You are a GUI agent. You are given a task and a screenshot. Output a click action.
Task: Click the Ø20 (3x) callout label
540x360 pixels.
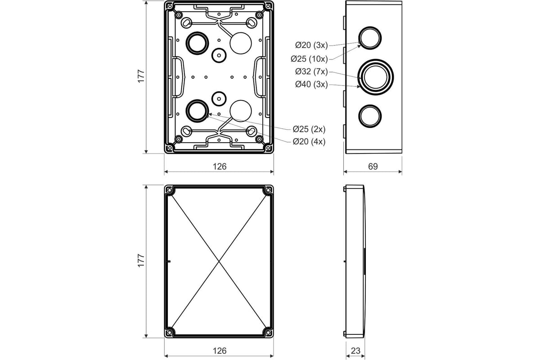point(312,45)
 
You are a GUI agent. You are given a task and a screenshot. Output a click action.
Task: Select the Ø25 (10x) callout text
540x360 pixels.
point(310,58)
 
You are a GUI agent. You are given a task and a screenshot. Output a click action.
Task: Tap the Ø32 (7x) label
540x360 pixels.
point(312,71)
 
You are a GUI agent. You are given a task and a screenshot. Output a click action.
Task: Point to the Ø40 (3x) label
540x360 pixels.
point(312,84)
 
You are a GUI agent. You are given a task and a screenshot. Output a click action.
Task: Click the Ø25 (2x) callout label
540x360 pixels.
point(309,129)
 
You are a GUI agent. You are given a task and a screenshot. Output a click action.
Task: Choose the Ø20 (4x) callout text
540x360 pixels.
point(309,141)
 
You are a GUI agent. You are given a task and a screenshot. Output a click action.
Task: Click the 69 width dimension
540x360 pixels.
point(373,166)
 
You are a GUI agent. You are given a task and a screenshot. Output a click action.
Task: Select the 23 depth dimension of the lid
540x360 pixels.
point(355,351)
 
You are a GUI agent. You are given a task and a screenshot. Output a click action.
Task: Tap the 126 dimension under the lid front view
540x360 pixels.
point(219,351)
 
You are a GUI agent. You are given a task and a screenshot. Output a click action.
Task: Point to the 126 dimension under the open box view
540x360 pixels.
point(219,166)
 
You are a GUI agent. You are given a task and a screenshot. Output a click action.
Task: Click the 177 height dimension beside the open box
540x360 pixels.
point(141,76)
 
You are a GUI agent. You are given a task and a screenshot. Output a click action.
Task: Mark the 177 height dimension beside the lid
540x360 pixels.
point(141,261)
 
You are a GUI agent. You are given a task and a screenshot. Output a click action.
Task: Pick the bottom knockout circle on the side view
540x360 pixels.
point(369,116)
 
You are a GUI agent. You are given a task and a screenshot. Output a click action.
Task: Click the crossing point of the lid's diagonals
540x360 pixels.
point(219,261)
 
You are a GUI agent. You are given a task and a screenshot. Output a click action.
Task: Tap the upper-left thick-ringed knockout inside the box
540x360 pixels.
point(197,43)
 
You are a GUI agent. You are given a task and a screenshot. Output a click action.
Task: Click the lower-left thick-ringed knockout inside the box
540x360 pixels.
point(197,110)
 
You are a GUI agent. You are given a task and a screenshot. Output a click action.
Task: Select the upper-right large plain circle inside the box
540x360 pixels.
point(241,43)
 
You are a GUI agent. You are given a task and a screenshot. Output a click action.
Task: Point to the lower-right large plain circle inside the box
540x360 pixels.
point(241,111)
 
